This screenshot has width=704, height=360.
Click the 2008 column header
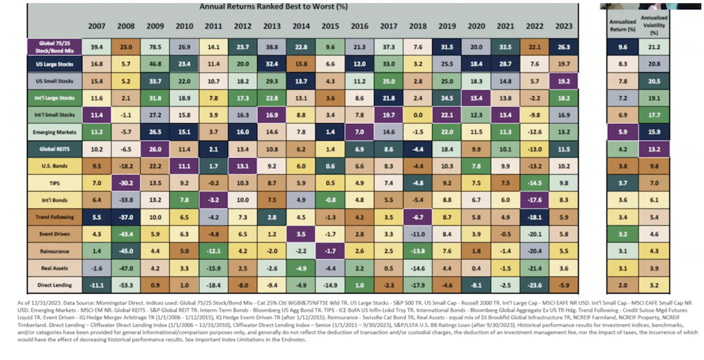[125, 26]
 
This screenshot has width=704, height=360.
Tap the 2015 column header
[330, 26]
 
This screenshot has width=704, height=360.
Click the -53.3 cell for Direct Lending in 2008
[125, 283]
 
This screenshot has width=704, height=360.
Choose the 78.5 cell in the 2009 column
[155, 46]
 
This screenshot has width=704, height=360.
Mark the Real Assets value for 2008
[125, 267]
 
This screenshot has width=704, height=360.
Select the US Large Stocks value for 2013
[272, 63]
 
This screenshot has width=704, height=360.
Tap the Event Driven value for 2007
[96, 233]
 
